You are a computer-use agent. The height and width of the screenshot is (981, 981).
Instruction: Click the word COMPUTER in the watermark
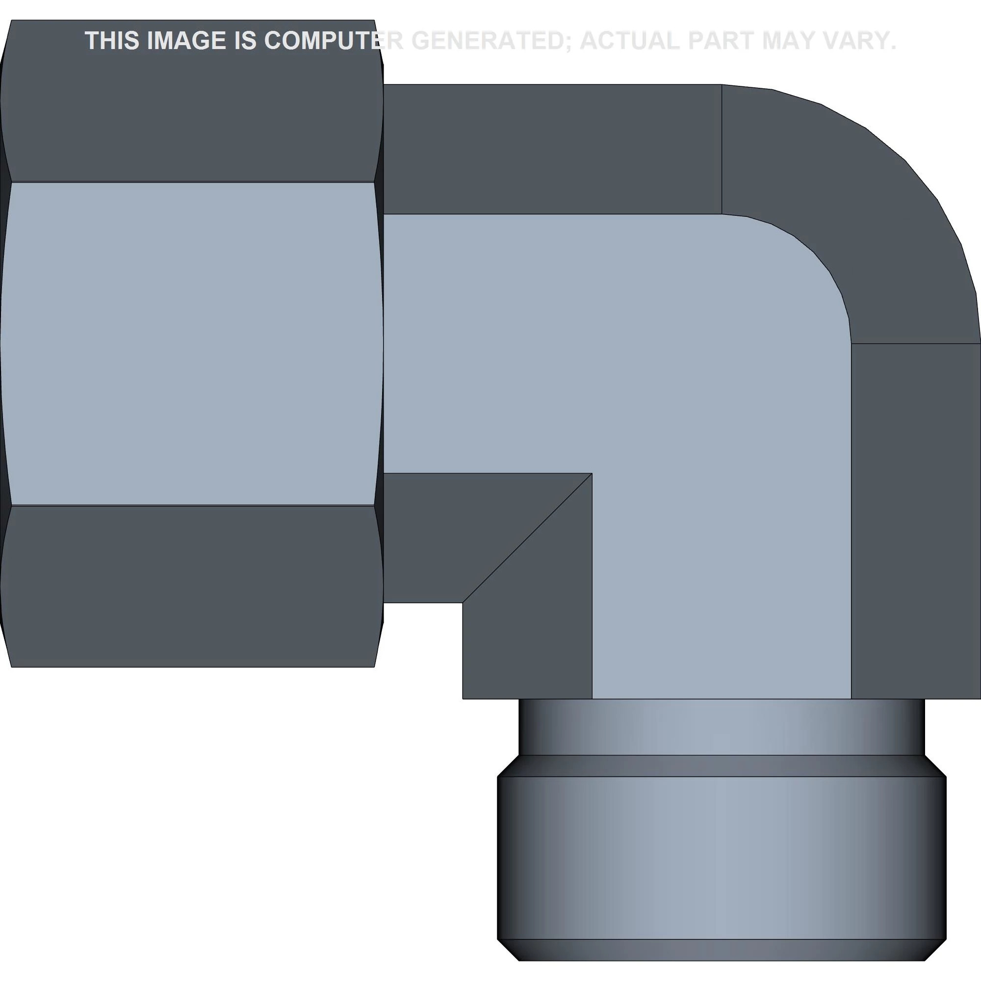(x=333, y=41)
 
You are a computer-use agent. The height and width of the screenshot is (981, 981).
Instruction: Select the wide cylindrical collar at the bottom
(x=721, y=858)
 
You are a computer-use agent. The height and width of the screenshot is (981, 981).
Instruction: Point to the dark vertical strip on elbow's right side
(x=915, y=518)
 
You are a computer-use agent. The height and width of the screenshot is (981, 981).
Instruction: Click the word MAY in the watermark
(x=792, y=41)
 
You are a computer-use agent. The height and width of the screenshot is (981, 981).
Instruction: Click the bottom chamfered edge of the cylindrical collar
(x=721, y=950)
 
